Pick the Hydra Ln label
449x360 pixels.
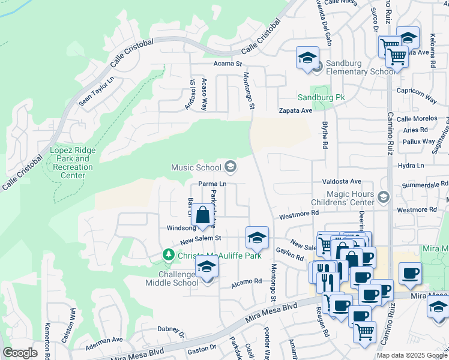click(411, 166)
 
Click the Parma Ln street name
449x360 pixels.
click(213, 184)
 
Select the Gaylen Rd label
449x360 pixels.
click(290, 256)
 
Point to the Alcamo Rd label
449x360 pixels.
click(249, 281)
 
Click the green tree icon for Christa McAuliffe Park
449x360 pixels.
click(169, 256)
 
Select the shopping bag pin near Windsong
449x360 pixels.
click(203, 216)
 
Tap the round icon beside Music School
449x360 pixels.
click(230, 167)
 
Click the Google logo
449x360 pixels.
click(20, 353)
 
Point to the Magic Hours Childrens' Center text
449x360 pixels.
click(350, 199)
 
